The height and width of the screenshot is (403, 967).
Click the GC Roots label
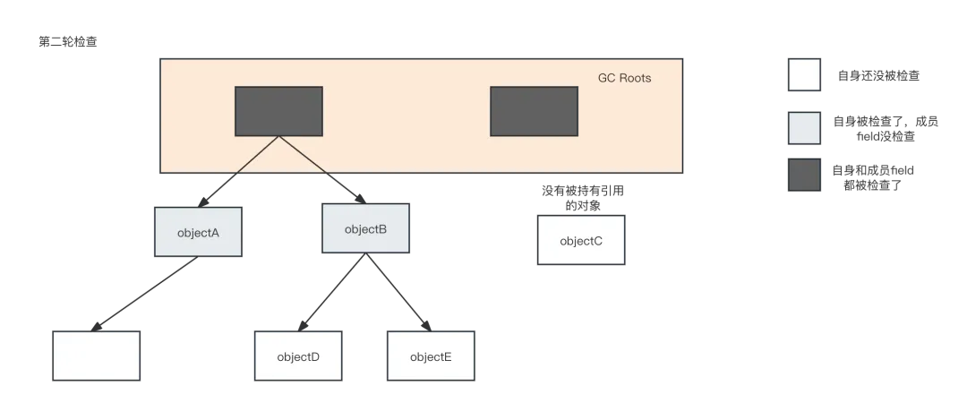[x=624, y=78]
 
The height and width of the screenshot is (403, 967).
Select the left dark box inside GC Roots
[x=278, y=111]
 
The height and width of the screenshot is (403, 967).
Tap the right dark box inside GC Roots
[x=534, y=111]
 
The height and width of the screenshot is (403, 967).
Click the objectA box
[x=198, y=233]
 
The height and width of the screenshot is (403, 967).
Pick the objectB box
[x=365, y=228]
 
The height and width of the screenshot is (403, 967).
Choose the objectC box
[x=581, y=240]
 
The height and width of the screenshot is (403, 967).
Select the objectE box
[x=430, y=356]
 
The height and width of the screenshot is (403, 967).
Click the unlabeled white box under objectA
[x=96, y=356]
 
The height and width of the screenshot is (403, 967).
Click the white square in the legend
[x=805, y=76]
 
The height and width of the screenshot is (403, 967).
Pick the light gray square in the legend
[x=805, y=126]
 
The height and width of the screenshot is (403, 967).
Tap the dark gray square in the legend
[x=805, y=175]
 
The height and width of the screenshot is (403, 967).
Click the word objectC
[x=581, y=240]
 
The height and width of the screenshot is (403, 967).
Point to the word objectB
[x=365, y=228]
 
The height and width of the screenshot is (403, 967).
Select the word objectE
[x=430, y=356]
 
